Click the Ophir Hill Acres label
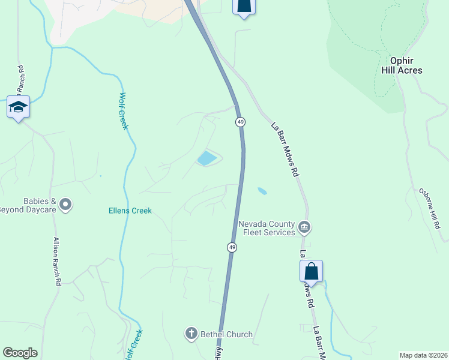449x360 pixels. pyautogui.click(x=402, y=66)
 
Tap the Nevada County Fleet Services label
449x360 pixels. pyautogui.click(x=267, y=228)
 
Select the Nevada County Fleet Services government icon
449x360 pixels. pyautogui.click(x=304, y=228)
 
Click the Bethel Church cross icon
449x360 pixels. pyautogui.click(x=191, y=334)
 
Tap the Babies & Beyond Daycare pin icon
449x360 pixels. pyautogui.click(x=66, y=205)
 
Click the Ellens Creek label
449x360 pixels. pyautogui.click(x=130, y=211)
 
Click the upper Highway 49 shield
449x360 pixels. pyautogui.click(x=240, y=122)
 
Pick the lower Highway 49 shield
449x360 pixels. pyautogui.click(x=232, y=247)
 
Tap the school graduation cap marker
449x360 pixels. pyautogui.click(x=18, y=107)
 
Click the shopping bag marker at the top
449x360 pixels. pyautogui.click(x=243, y=5)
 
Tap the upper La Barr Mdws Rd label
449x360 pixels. pyautogui.click(x=285, y=149)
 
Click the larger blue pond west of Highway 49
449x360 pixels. pyautogui.click(x=207, y=158)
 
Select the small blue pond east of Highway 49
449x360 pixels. pyautogui.click(x=262, y=191)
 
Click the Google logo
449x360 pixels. pyautogui.click(x=20, y=353)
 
